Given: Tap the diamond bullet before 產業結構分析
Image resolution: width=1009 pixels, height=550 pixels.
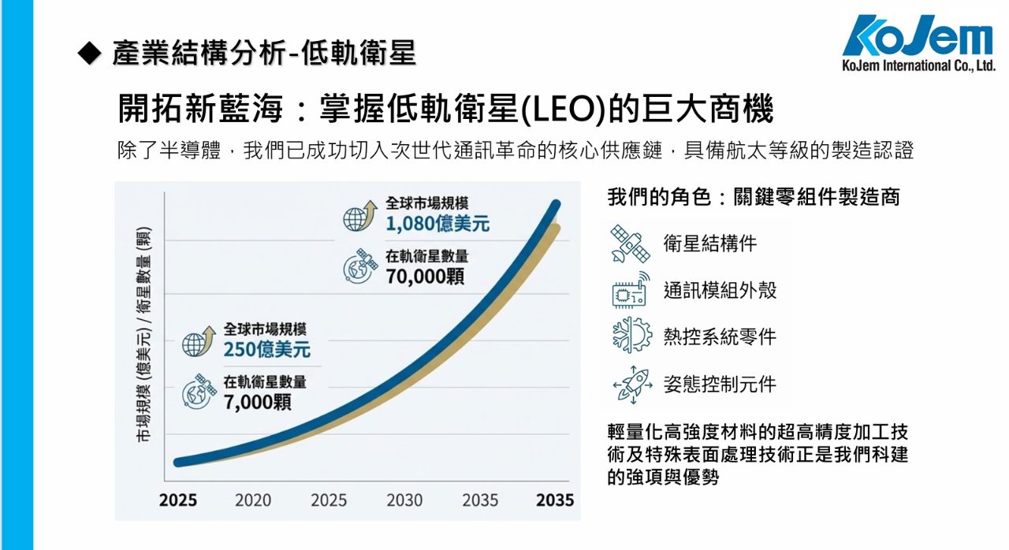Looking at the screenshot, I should [91, 53].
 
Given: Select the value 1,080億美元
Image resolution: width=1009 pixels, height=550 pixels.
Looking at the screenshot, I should [437, 224].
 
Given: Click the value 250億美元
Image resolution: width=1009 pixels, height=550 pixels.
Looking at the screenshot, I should [266, 349].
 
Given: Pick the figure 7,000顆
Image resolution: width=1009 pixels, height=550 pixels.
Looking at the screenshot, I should [257, 402].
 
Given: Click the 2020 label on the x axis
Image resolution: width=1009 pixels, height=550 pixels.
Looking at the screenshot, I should [252, 500].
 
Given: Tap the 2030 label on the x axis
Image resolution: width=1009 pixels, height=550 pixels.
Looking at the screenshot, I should [404, 500].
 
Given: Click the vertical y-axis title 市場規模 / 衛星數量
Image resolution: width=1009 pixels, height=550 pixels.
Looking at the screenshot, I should [144, 335].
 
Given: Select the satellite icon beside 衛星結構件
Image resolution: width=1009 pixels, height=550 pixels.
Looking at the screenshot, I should [631, 243].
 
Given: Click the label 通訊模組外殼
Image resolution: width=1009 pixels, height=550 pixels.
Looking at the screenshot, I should [720, 290].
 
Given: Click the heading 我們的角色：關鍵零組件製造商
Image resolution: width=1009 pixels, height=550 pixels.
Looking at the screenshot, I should [754, 197].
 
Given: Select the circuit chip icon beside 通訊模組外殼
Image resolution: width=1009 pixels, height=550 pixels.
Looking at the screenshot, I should [631, 290].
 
